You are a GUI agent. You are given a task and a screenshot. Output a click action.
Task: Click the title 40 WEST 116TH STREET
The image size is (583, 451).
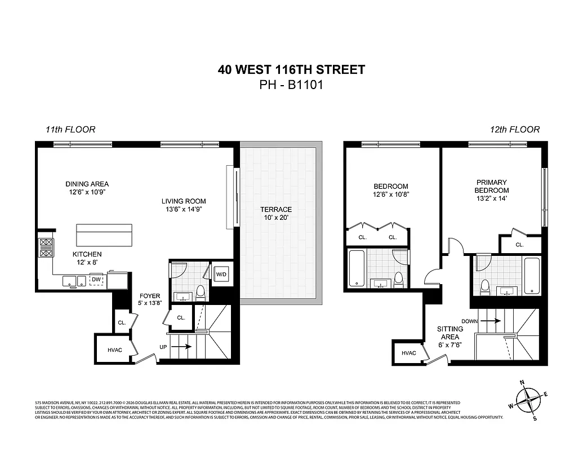[x=291, y=70]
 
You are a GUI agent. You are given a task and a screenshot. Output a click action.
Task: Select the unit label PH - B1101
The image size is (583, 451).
[x=291, y=85]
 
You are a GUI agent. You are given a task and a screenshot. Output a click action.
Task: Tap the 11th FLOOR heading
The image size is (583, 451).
[x=70, y=130]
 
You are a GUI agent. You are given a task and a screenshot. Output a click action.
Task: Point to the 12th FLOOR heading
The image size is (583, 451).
[x=514, y=130]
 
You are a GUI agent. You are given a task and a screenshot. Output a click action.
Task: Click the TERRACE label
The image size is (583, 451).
[x=276, y=213]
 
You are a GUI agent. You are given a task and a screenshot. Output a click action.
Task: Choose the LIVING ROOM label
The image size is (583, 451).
[x=183, y=205]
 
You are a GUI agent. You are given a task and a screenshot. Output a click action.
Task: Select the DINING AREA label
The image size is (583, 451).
[x=87, y=188]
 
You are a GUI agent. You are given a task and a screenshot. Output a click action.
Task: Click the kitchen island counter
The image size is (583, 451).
[x=104, y=235]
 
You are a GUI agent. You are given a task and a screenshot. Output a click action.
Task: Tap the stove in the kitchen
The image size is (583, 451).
[x=45, y=248]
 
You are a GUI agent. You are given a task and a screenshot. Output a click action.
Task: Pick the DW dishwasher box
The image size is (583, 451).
[x=96, y=279]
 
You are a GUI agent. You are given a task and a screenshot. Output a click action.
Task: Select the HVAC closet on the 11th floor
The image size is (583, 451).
[x=114, y=350]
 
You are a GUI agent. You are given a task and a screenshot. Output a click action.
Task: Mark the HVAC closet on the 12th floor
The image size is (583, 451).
[x=408, y=353]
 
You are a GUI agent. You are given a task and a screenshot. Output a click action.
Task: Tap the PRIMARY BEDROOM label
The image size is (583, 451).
[x=492, y=187]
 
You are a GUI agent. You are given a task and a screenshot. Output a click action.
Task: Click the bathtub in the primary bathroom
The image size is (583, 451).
[x=532, y=275]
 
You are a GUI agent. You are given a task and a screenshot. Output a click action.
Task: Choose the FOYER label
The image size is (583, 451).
[x=150, y=299]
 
